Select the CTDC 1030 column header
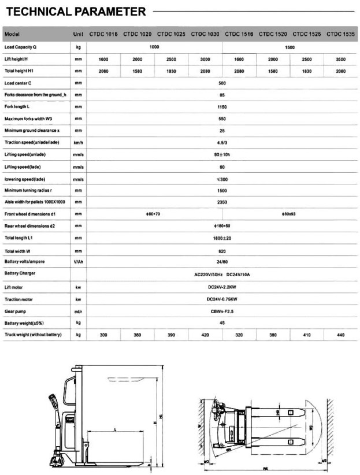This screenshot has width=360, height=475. pos(205,34)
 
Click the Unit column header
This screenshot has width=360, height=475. pos(79,34)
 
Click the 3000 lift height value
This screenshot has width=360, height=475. pos(205,59)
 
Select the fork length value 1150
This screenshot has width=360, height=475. pos(222,107)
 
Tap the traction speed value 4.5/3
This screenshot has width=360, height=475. pos(222,143)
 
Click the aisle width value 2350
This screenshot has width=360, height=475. pos(222,202)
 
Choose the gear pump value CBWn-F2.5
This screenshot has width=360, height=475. pos(222,311)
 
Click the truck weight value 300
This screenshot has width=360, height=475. pos(103,335)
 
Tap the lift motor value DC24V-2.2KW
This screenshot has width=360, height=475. pos(222,287)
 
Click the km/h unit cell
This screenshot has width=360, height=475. pos(79,143)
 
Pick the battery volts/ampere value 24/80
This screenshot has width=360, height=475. pos(222,262)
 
